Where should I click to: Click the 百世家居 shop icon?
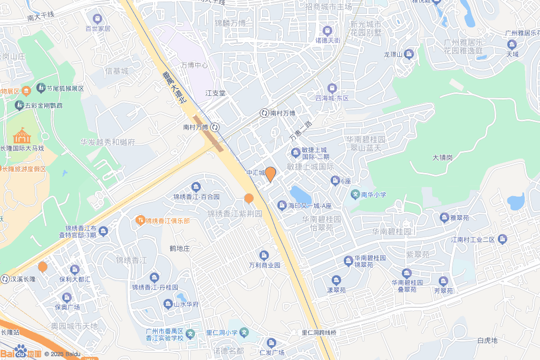click(x=97, y=19)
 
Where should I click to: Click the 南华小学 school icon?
click(x=355, y=194)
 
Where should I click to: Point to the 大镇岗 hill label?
click(x=442, y=158)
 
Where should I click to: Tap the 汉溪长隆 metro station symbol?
click(x=5, y=279)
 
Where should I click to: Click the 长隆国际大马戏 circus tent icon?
click(x=22, y=136)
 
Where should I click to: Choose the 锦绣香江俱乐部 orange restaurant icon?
click(x=140, y=219)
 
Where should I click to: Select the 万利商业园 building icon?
click(x=264, y=255)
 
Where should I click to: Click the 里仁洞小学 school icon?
click(x=244, y=333)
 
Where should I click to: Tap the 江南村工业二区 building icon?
click(x=502, y=239)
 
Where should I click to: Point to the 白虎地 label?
click(x=487, y=340)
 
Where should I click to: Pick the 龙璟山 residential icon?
click(x=409, y=54)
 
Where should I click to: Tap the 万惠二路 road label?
click(x=301, y=131)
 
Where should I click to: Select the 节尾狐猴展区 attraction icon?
click(x=41, y=88)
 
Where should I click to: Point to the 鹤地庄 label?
click(x=179, y=248)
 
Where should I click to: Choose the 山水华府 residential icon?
click(x=168, y=304)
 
